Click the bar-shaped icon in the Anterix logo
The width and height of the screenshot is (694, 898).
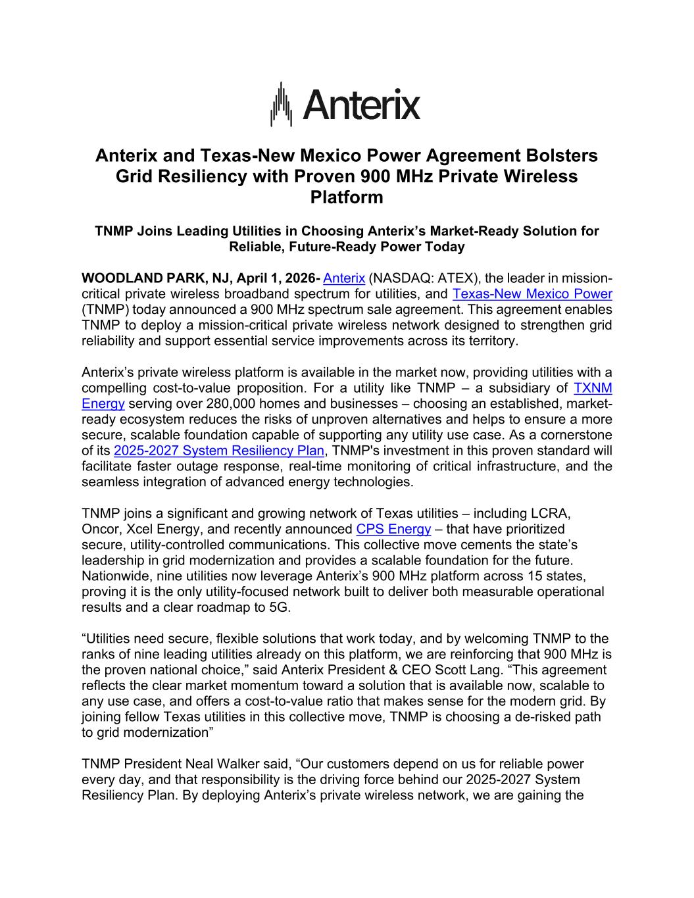point(282,105)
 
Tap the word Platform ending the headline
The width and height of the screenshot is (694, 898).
point(347,197)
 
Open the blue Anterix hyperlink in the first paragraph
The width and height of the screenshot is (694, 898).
point(344,278)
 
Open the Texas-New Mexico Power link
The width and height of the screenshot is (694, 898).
point(532,294)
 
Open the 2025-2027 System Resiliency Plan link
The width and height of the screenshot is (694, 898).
point(219,451)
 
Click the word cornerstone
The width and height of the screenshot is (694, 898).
point(576,436)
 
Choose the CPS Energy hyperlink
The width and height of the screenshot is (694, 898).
point(393,529)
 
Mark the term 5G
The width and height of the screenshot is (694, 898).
point(279,608)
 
